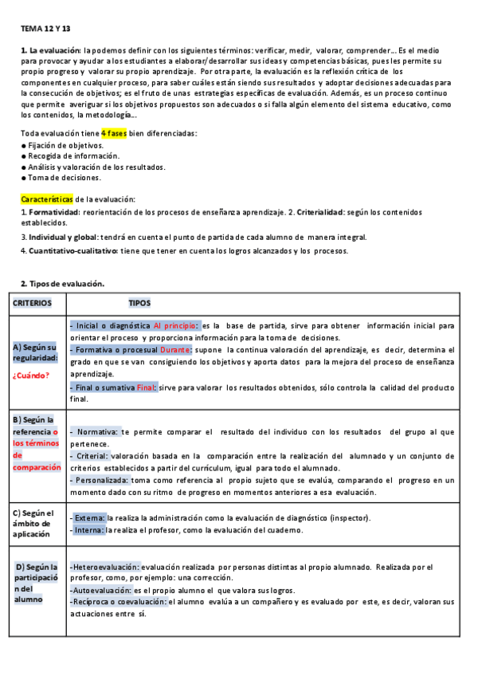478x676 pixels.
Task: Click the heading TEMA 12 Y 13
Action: tap(45, 29)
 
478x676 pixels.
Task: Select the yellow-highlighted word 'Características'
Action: tap(46, 198)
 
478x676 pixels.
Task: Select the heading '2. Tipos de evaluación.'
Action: tap(62, 285)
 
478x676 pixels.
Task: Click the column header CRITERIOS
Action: tap(32, 303)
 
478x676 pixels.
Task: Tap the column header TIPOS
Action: tap(139, 303)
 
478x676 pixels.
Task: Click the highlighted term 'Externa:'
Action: tap(88, 518)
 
